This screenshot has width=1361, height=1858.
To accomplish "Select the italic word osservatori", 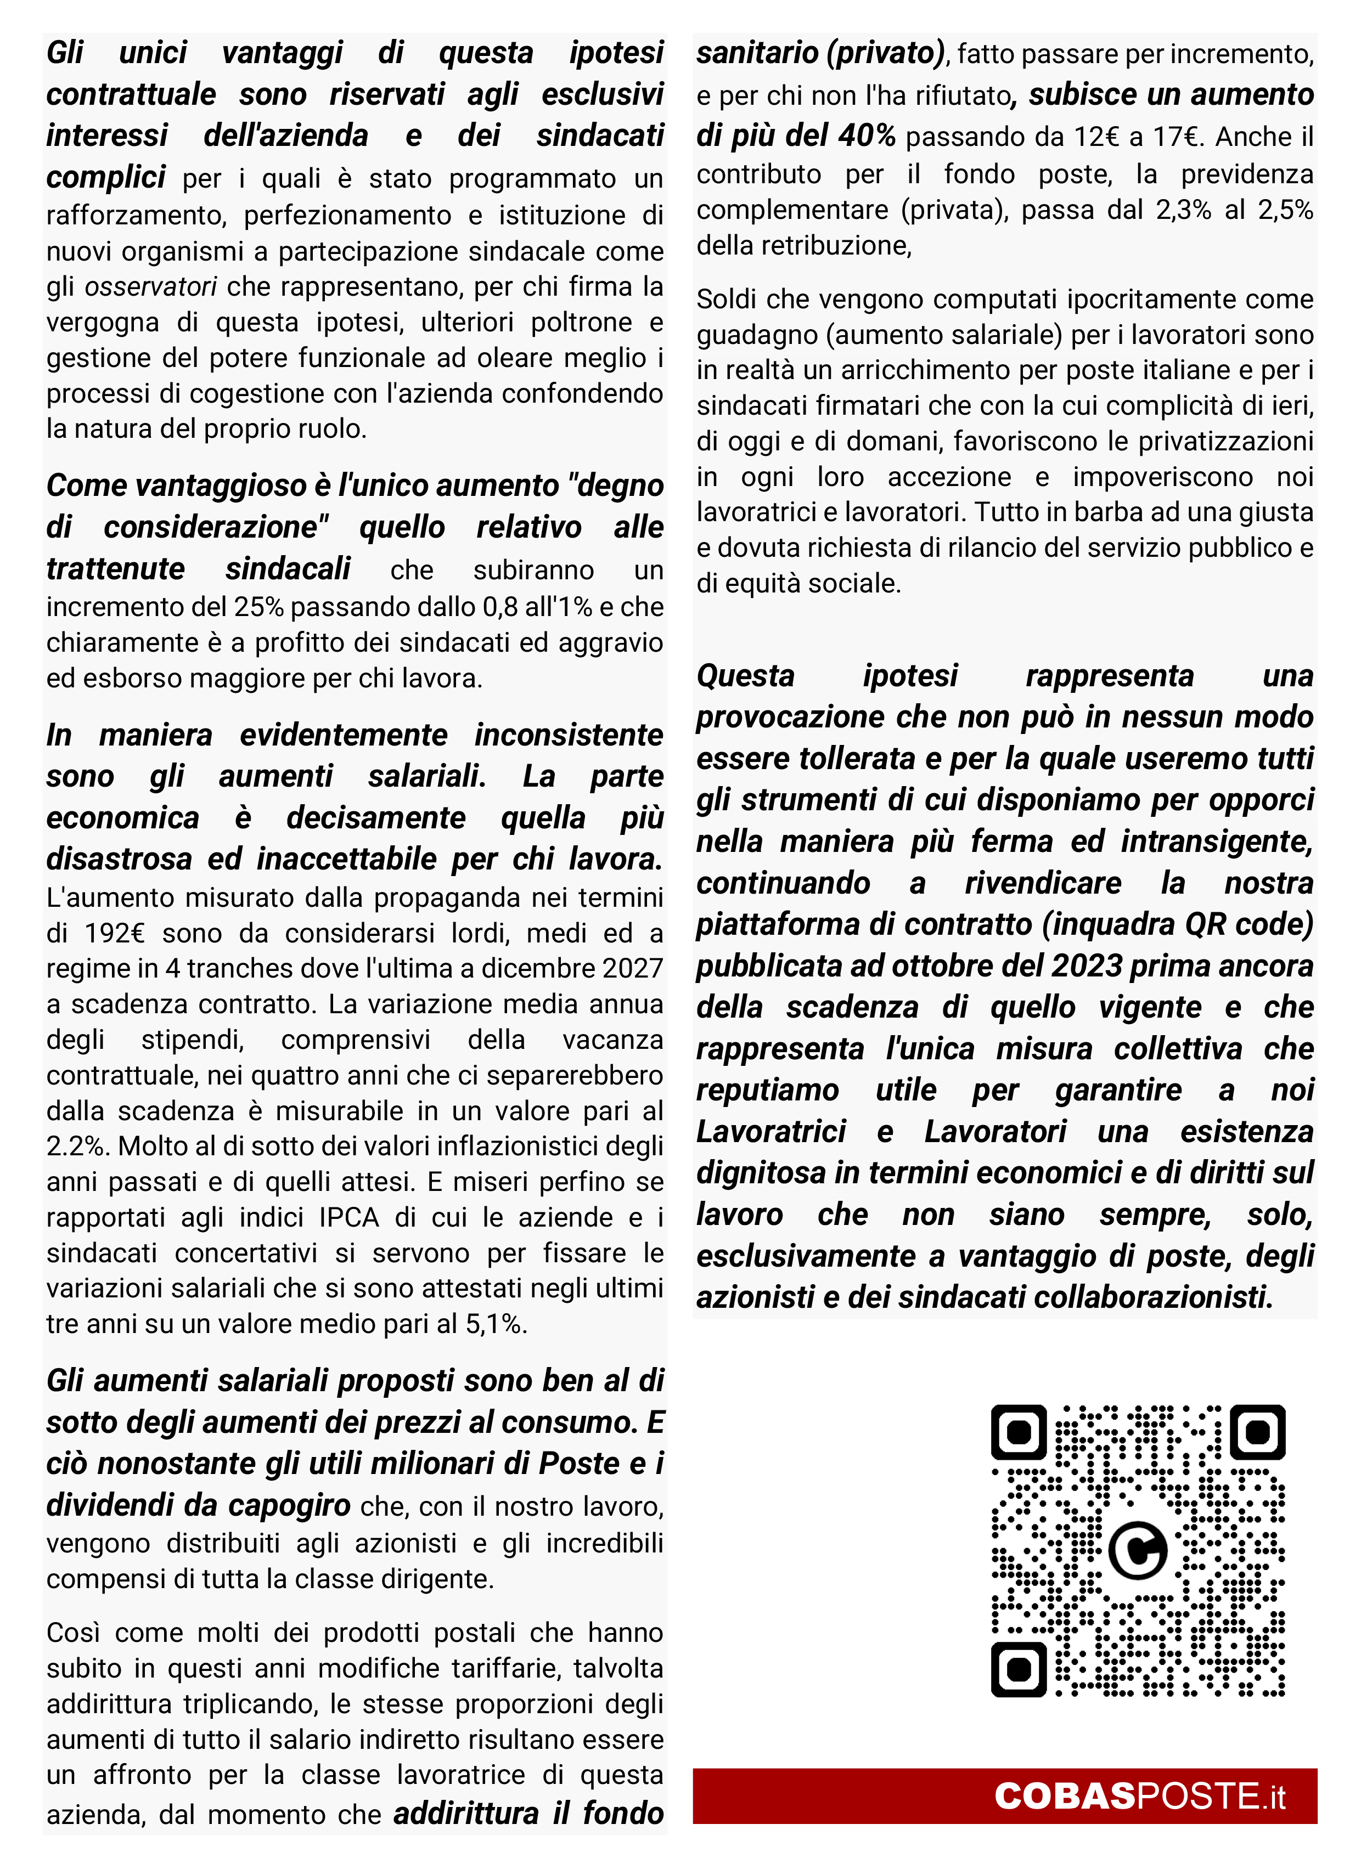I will pos(151,286).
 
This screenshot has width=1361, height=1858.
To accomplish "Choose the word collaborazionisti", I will pos(1154,1297).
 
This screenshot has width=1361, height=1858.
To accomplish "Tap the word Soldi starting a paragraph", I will pos(728,299).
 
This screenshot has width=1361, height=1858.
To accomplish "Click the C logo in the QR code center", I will pos(1137,1551).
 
